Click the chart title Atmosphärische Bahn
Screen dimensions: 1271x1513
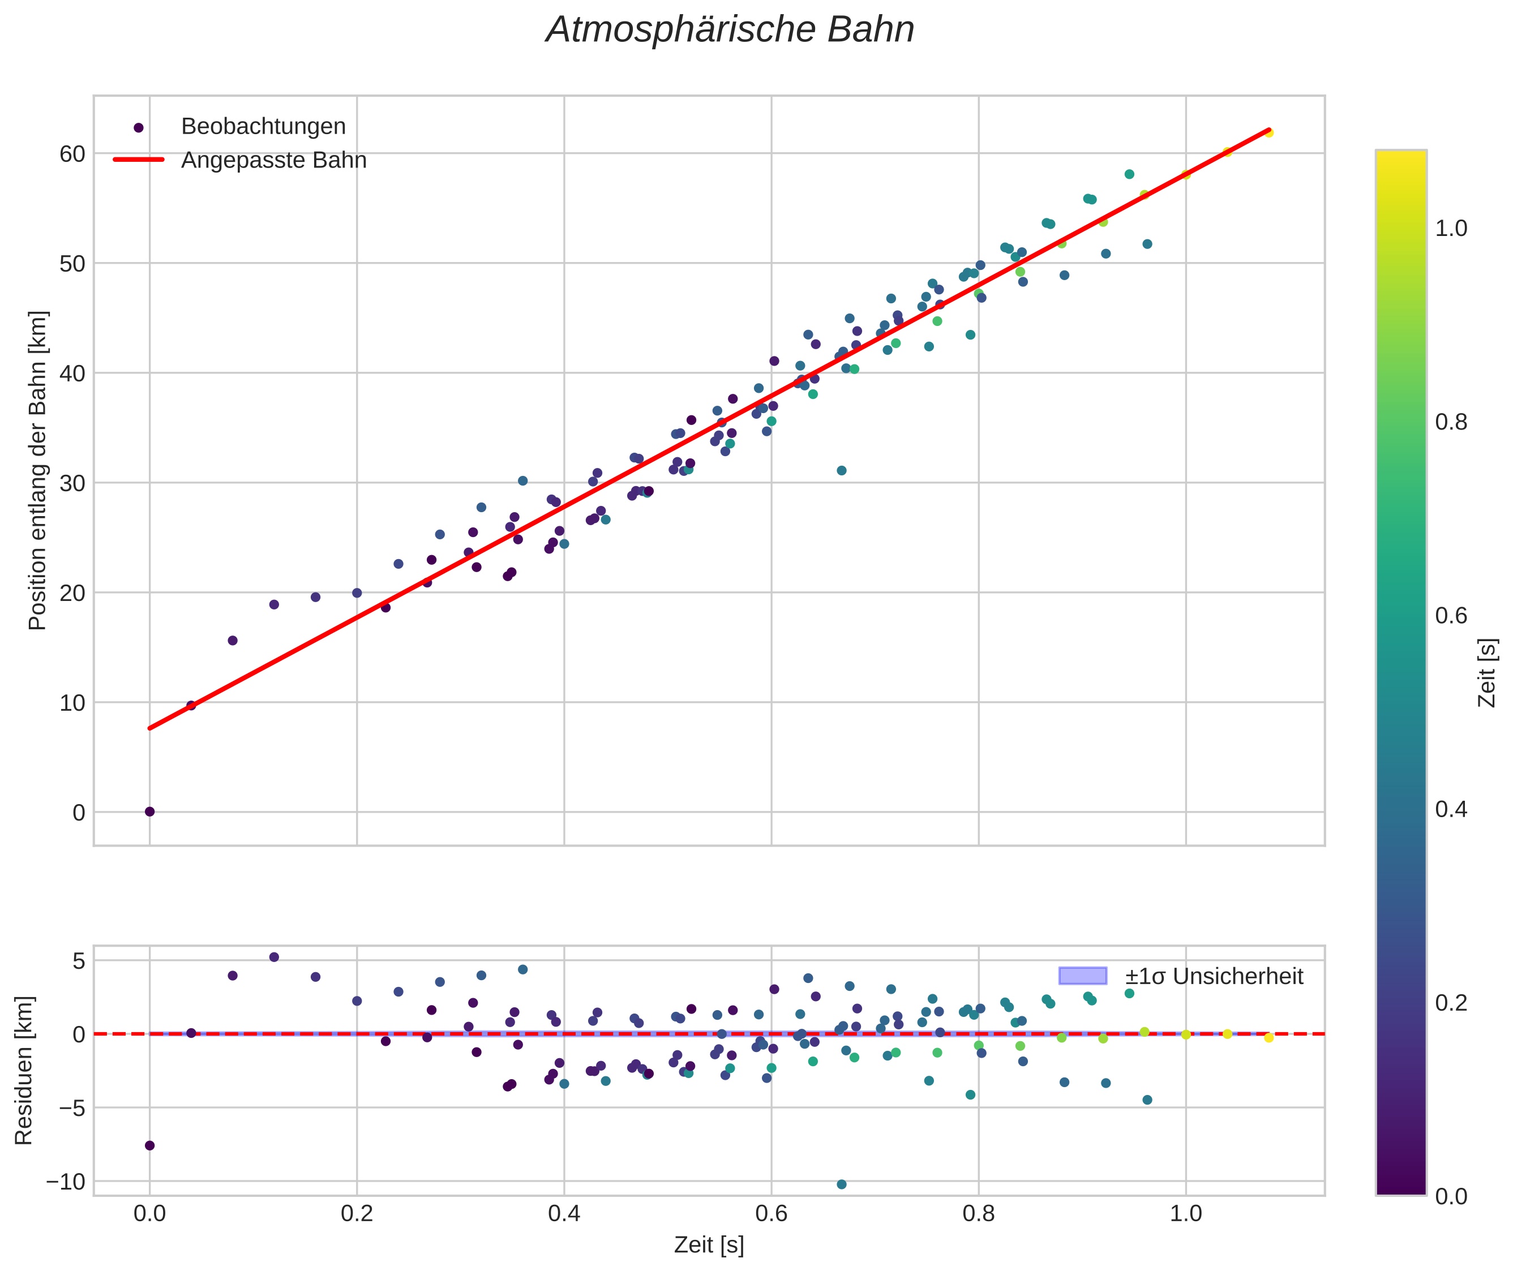point(730,30)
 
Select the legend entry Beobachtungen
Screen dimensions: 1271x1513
point(263,127)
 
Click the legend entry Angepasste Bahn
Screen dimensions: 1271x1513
point(273,160)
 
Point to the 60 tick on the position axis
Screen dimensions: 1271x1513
point(72,154)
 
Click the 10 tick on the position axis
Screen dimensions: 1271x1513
point(72,702)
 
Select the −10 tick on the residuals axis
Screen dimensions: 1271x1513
point(65,1182)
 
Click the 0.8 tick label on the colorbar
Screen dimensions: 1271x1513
point(1451,422)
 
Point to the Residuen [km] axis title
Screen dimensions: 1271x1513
point(24,1070)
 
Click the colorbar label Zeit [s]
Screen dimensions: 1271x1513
point(1487,673)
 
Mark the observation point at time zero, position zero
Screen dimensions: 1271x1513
point(150,811)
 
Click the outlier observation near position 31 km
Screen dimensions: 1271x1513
point(841,470)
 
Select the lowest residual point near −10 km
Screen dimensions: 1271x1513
point(841,1184)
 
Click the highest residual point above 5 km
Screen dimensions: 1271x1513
point(274,957)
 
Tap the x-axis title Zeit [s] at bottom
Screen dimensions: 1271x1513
point(709,1245)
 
